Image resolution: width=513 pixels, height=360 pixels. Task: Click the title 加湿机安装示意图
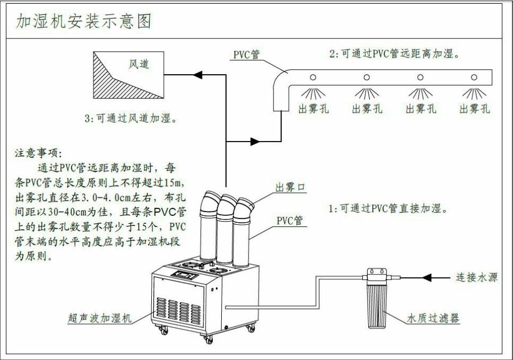tap(84, 21)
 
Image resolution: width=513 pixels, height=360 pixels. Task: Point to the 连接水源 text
tap(476, 278)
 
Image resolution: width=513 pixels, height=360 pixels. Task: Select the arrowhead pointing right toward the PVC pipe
tap(255, 142)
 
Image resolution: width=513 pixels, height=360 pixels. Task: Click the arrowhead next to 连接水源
tap(428, 277)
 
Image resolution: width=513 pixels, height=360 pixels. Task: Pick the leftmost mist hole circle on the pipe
tap(313, 77)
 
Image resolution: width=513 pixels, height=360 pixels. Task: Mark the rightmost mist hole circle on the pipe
tap(473, 77)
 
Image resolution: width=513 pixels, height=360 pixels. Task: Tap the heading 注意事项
tap(38, 153)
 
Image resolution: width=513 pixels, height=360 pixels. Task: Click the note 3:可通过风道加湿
tap(131, 119)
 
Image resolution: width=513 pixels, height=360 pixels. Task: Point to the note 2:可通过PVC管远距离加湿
tap(395, 53)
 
